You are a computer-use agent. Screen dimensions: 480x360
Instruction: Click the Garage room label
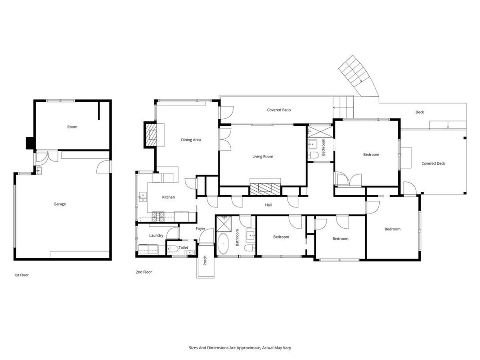click(60, 204)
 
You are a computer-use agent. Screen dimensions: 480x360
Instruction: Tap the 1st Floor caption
click(22, 275)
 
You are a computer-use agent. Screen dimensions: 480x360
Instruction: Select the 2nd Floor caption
click(144, 272)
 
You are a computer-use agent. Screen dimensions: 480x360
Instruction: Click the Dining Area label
click(191, 140)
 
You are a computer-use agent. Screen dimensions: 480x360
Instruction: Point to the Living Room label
click(263, 157)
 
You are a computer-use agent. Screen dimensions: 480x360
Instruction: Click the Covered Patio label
click(279, 110)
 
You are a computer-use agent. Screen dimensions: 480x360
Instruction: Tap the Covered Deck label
click(433, 163)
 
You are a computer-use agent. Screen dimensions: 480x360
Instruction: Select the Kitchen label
click(168, 197)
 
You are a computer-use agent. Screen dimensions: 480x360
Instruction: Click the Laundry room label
click(156, 235)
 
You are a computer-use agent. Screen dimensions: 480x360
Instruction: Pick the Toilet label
click(184, 247)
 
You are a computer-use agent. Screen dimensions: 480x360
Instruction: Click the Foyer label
click(201, 229)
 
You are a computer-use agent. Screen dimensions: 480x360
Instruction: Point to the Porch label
click(205, 261)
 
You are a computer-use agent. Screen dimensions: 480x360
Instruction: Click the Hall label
click(268, 205)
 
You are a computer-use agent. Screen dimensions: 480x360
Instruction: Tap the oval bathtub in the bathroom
click(224, 244)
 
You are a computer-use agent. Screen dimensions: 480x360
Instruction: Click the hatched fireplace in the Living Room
click(265, 189)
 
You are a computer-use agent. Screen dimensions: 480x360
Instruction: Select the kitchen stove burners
click(158, 217)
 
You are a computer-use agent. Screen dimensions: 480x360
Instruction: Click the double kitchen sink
click(143, 197)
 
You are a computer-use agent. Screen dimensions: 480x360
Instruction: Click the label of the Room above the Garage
click(72, 127)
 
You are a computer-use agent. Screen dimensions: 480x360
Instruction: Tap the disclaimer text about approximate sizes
click(240, 348)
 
